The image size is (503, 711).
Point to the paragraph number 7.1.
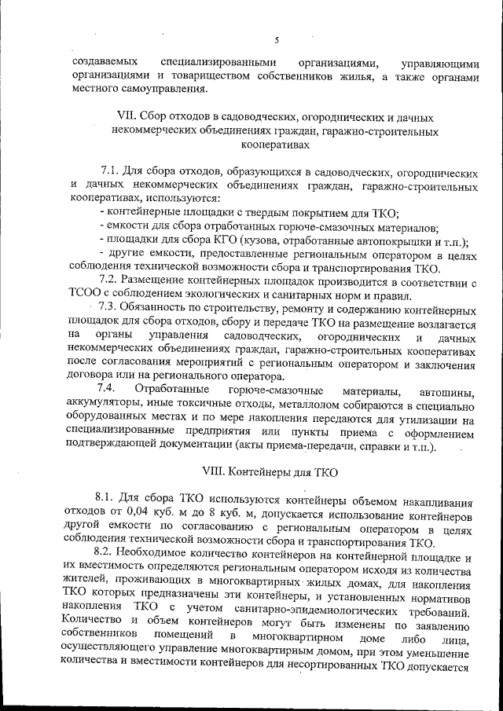coord(112,170)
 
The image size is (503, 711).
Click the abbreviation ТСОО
coord(84,295)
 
